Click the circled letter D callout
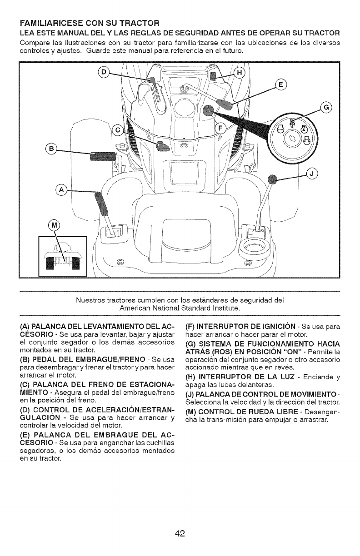coord(104,73)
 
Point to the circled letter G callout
coord(326,108)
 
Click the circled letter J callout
coord(313,173)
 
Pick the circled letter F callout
coord(221,128)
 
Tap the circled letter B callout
coord(51,149)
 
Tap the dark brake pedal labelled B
coord(104,157)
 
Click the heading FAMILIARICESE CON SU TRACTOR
coord(86,23)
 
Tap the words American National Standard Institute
coord(180,308)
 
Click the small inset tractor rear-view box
coord(62,257)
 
